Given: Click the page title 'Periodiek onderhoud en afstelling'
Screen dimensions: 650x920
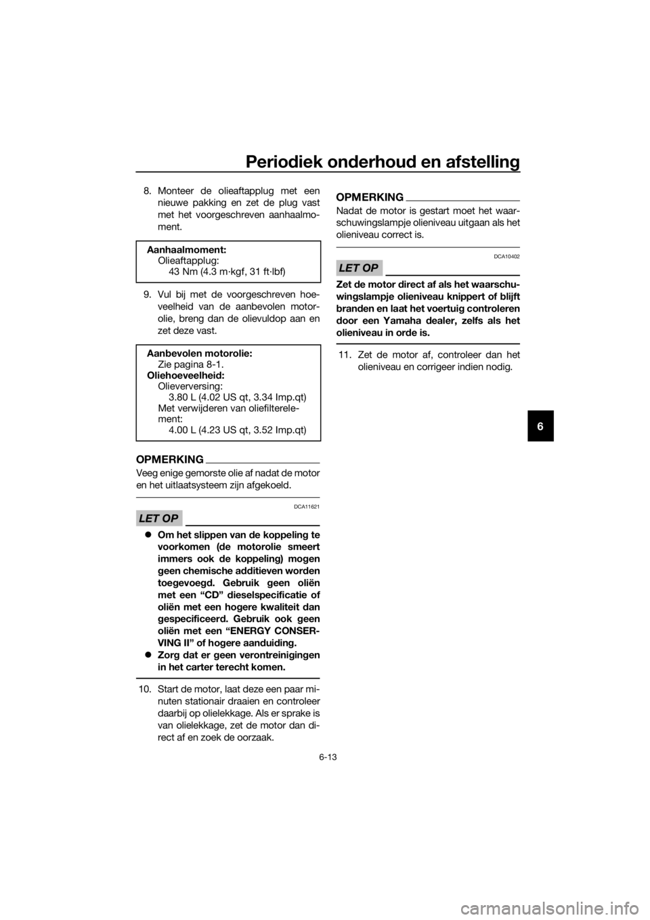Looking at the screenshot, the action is point(383,162).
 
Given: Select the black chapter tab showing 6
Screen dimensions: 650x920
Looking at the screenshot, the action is point(540,426).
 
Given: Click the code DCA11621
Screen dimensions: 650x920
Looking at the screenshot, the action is point(307,507).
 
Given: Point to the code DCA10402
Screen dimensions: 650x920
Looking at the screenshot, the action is point(506,256).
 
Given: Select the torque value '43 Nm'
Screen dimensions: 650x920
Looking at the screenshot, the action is point(183,272).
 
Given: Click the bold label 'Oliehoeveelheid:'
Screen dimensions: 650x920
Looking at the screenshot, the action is point(186,375).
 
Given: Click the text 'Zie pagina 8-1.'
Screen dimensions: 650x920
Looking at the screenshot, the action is point(191,364).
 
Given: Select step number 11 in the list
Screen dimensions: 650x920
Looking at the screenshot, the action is point(344,354).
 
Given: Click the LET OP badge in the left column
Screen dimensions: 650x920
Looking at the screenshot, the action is point(159,518).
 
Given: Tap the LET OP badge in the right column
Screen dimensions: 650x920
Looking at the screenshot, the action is point(359,268).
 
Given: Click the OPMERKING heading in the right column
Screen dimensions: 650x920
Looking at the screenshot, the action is point(370,198).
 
